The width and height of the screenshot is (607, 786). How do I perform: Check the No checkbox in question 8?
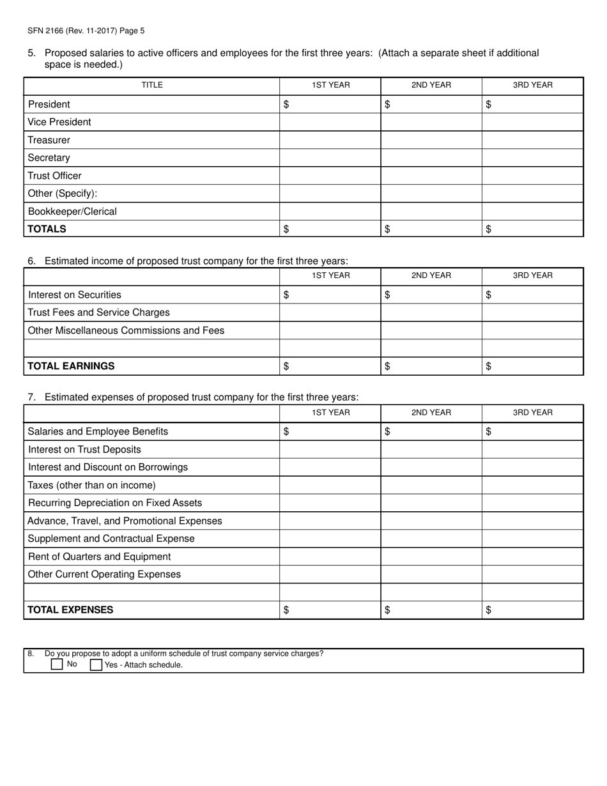click(x=57, y=665)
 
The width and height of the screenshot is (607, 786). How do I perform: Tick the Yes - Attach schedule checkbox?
click(x=96, y=665)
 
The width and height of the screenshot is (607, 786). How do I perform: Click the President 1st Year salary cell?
click(x=330, y=104)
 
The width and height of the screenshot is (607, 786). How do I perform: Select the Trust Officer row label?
click(x=55, y=176)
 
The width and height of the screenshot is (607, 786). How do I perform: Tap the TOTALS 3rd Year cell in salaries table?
click(x=532, y=229)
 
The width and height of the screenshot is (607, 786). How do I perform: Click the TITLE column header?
click(x=152, y=86)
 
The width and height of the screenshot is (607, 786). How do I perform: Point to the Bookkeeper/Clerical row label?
click(x=73, y=212)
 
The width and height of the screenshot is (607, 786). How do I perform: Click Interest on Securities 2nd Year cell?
click(x=431, y=295)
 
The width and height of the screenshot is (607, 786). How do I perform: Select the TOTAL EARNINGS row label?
click(x=72, y=366)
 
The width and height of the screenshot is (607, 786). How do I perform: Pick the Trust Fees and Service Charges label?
click(x=99, y=312)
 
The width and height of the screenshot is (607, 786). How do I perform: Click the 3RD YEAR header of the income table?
click(x=532, y=276)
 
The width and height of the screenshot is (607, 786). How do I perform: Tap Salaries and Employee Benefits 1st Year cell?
click(x=330, y=431)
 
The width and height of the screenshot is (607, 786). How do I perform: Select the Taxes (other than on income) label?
click(x=92, y=485)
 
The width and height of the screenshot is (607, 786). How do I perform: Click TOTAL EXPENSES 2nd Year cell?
click(x=431, y=610)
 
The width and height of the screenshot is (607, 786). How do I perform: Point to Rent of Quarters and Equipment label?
click(x=100, y=557)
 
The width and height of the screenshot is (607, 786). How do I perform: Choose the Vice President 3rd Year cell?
click(x=532, y=122)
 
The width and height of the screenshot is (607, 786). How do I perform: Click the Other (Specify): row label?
click(x=63, y=194)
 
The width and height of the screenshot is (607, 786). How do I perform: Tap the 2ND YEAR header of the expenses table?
click(x=431, y=413)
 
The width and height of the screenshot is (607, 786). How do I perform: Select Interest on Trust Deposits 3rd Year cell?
click(x=532, y=449)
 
